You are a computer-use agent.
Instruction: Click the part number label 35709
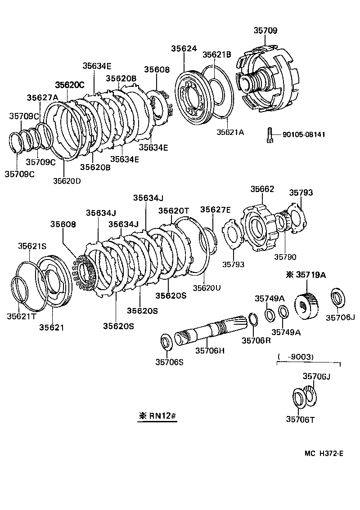265,31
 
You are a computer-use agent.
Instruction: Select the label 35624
184,49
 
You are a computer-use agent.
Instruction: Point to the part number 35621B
217,54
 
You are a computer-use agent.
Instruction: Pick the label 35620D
67,181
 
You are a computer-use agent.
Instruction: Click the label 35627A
42,98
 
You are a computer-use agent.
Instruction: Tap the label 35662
262,189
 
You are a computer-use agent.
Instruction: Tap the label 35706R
256,340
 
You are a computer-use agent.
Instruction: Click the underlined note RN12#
157,416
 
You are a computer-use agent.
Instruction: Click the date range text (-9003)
296,357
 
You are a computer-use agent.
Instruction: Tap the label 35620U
207,287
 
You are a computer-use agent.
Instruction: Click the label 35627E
215,210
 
